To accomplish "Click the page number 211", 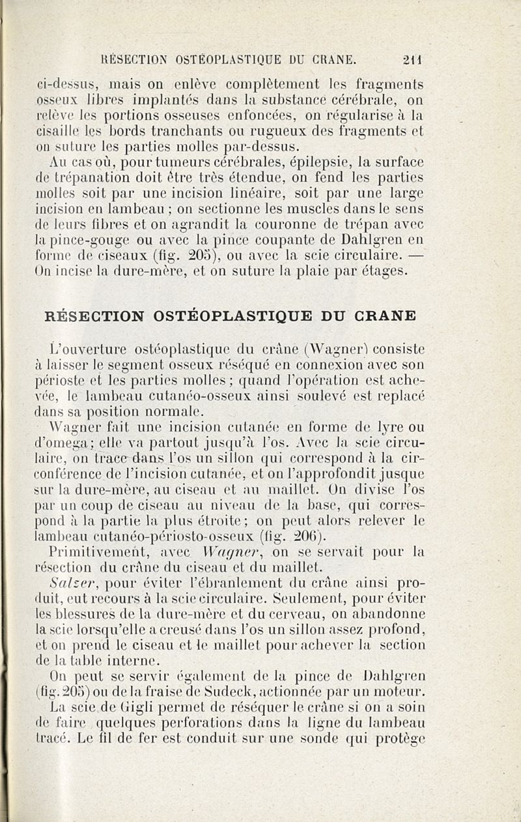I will coord(413,60).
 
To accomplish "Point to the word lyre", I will coord(386,430).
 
